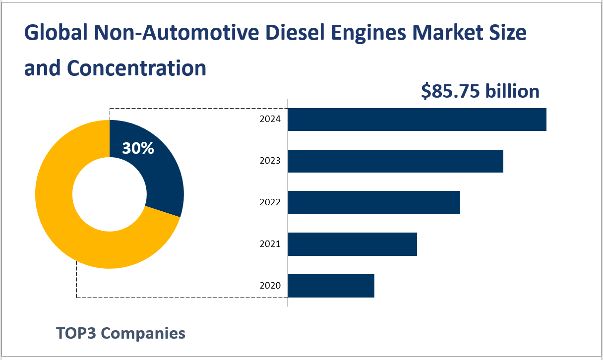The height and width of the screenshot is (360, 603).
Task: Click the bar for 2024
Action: [x=417, y=120]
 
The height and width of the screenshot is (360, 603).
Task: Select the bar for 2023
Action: [x=395, y=161]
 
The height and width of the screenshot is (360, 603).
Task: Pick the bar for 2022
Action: [x=374, y=202]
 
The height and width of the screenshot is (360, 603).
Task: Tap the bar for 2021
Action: [x=352, y=244]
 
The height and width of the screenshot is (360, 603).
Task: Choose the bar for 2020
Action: [x=331, y=286]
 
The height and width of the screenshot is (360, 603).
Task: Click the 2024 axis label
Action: [x=270, y=120]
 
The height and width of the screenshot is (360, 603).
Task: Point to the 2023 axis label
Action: [x=270, y=161]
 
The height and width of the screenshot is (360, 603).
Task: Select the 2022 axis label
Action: [x=270, y=202]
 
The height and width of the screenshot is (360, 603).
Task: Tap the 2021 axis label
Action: [x=270, y=244]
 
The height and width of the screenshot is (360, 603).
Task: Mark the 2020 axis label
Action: [x=270, y=286]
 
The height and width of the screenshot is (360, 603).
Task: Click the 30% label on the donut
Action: [x=138, y=148]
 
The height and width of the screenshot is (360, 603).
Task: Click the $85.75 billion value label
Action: [x=480, y=91]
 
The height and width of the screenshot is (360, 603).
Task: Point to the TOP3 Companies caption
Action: [x=121, y=333]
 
